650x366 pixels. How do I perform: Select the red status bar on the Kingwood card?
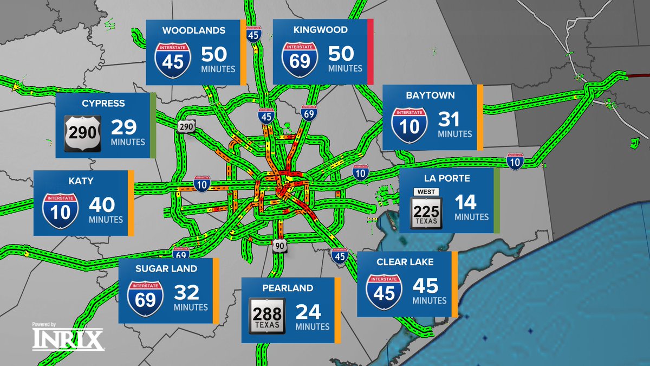[x=370, y=52]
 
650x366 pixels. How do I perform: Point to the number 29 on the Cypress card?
[x=123, y=127]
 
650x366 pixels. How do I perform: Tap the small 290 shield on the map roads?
[x=185, y=126]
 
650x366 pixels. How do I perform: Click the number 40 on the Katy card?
[x=101, y=205]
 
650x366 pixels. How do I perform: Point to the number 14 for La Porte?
[x=465, y=202]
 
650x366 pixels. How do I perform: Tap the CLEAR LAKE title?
[x=405, y=262]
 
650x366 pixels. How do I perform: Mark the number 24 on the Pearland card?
[x=308, y=312]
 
